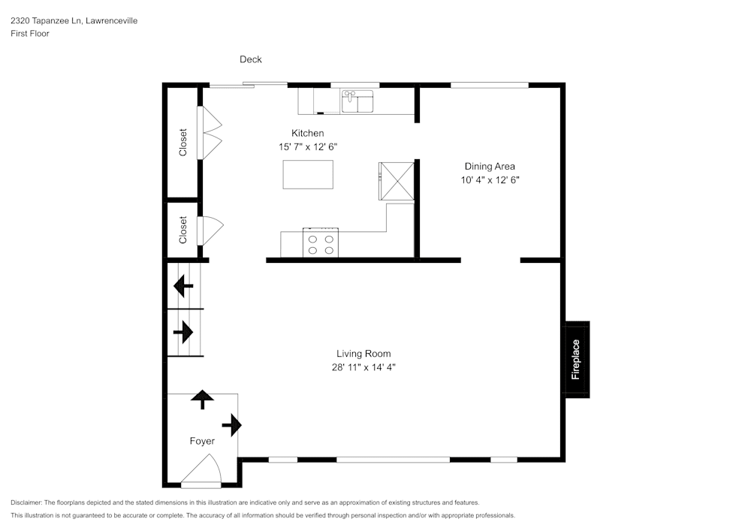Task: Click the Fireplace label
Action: point(576,360)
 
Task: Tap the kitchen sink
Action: point(357,101)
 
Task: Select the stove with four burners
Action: point(321,243)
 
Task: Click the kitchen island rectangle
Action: point(309,174)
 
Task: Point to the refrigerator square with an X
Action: point(397,180)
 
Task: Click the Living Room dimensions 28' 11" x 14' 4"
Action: point(363,367)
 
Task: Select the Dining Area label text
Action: point(490,167)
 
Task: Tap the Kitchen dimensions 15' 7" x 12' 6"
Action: point(308,147)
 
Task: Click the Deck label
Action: point(251,59)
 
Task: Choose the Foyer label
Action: point(202,441)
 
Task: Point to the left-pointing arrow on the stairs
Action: point(182,286)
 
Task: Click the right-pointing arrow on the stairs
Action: point(183,331)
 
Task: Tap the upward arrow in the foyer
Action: point(201,399)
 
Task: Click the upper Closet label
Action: point(182,143)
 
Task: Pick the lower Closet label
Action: point(182,230)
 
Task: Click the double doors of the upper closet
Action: point(210,132)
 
